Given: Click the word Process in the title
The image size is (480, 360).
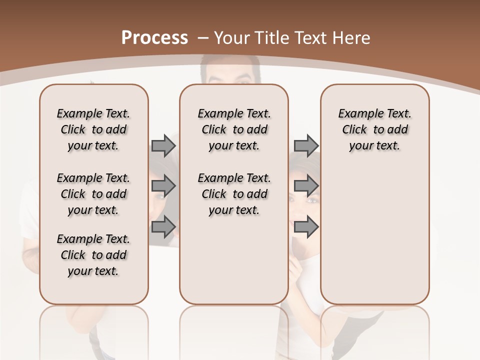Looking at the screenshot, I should pyautogui.click(x=154, y=37).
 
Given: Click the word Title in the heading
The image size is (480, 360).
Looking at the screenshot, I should pyautogui.click(x=269, y=38).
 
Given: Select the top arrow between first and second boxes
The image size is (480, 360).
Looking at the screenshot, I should pyautogui.click(x=163, y=145).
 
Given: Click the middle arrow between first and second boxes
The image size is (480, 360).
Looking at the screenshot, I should pyautogui.click(x=163, y=186).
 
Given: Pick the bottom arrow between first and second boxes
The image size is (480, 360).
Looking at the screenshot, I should pyautogui.click(x=163, y=226).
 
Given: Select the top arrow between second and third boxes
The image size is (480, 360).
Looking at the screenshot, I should pyautogui.click(x=306, y=145).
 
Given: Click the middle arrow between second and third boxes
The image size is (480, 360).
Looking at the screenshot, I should pyautogui.click(x=306, y=186).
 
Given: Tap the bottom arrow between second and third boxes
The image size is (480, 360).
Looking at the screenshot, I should pyautogui.click(x=306, y=226).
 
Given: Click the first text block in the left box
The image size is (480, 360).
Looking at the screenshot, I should pyautogui.click(x=93, y=129).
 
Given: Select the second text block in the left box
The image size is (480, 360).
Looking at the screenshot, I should pyautogui.click(x=93, y=194).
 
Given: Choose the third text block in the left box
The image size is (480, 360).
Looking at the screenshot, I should pyautogui.click(x=93, y=255).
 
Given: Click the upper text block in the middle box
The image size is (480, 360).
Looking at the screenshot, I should pyautogui.click(x=234, y=129).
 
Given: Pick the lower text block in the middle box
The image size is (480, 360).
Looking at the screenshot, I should pyautogui.click(x=234, y=194).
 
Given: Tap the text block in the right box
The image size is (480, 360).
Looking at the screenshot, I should pyautogui.click(x=374, y=129).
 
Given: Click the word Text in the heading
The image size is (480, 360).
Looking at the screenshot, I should pyautogui.click(x=312, y=38).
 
